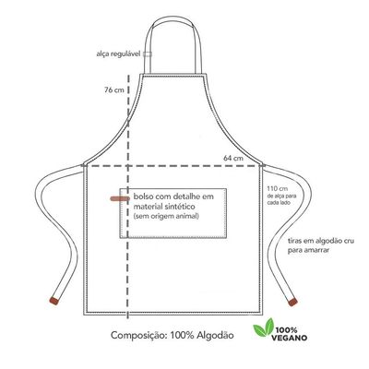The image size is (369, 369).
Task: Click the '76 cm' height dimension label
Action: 113,90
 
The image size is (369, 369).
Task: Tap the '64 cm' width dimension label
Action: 233,159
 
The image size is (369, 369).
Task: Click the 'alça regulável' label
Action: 118,54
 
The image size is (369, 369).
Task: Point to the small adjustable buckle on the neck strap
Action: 148,54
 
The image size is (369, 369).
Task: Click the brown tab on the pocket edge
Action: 120,198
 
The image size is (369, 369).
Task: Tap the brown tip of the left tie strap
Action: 54,301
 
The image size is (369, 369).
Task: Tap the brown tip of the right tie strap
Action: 292,302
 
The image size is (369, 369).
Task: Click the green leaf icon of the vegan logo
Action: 263,327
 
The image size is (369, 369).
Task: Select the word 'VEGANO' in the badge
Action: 289,338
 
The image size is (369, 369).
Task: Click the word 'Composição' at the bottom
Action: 139,336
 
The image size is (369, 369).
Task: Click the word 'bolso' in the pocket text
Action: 143,196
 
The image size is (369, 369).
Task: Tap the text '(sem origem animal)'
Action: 166,216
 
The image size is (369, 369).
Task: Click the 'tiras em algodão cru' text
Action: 321,241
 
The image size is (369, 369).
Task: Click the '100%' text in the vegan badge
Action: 286,330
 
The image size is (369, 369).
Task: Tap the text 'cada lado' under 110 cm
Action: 279,203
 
